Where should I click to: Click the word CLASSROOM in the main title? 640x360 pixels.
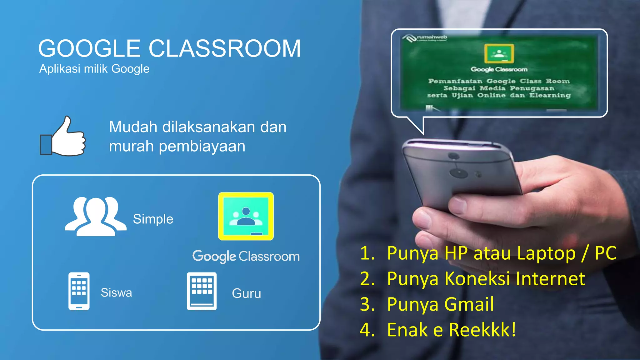(x=224, y=49)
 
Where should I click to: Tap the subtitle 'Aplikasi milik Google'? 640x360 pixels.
(x=94, y=69)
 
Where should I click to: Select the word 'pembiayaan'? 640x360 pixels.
(x=202, y=146)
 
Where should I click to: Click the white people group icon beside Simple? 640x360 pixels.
(x=96, y=217)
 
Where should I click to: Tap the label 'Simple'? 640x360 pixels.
(x=153, y=219)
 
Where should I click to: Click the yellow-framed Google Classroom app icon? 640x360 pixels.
(x=246, y=216)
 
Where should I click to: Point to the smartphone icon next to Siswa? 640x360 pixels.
(x=79, y=291)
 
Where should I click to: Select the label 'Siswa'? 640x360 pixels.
(x=116, y=293)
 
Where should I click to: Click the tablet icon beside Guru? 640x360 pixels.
(x=202, y=291)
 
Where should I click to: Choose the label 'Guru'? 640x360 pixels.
(x=246, y=293)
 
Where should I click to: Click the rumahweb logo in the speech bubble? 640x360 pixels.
(x=425, y=38)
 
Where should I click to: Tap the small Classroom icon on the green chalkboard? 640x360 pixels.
(x=499, y=54)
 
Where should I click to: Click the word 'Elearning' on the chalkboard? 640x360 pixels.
(x=550, y=95)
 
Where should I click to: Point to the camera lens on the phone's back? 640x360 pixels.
(x=458, y=172)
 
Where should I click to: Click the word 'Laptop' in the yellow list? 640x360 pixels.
(x=546, y=253)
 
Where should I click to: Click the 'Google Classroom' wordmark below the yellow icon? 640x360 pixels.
(x=246, y=257)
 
